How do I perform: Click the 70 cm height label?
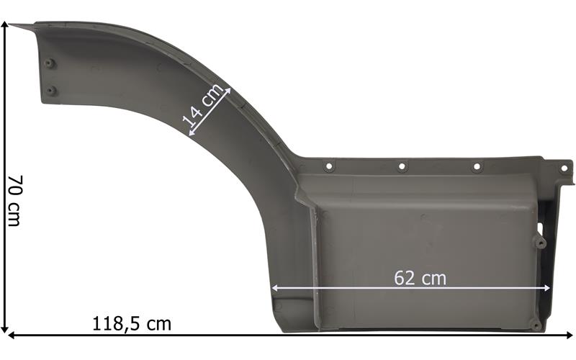pos(15,200)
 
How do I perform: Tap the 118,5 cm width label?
pos(132,323)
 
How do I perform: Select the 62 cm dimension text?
pos(420,278)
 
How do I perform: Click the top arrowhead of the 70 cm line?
pos(5,25)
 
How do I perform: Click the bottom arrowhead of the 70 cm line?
pos(5,328)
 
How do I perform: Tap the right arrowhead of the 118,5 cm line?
pos(569,335)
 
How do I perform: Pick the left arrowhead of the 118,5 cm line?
pos(12,335)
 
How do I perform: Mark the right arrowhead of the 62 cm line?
pos(546,289)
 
